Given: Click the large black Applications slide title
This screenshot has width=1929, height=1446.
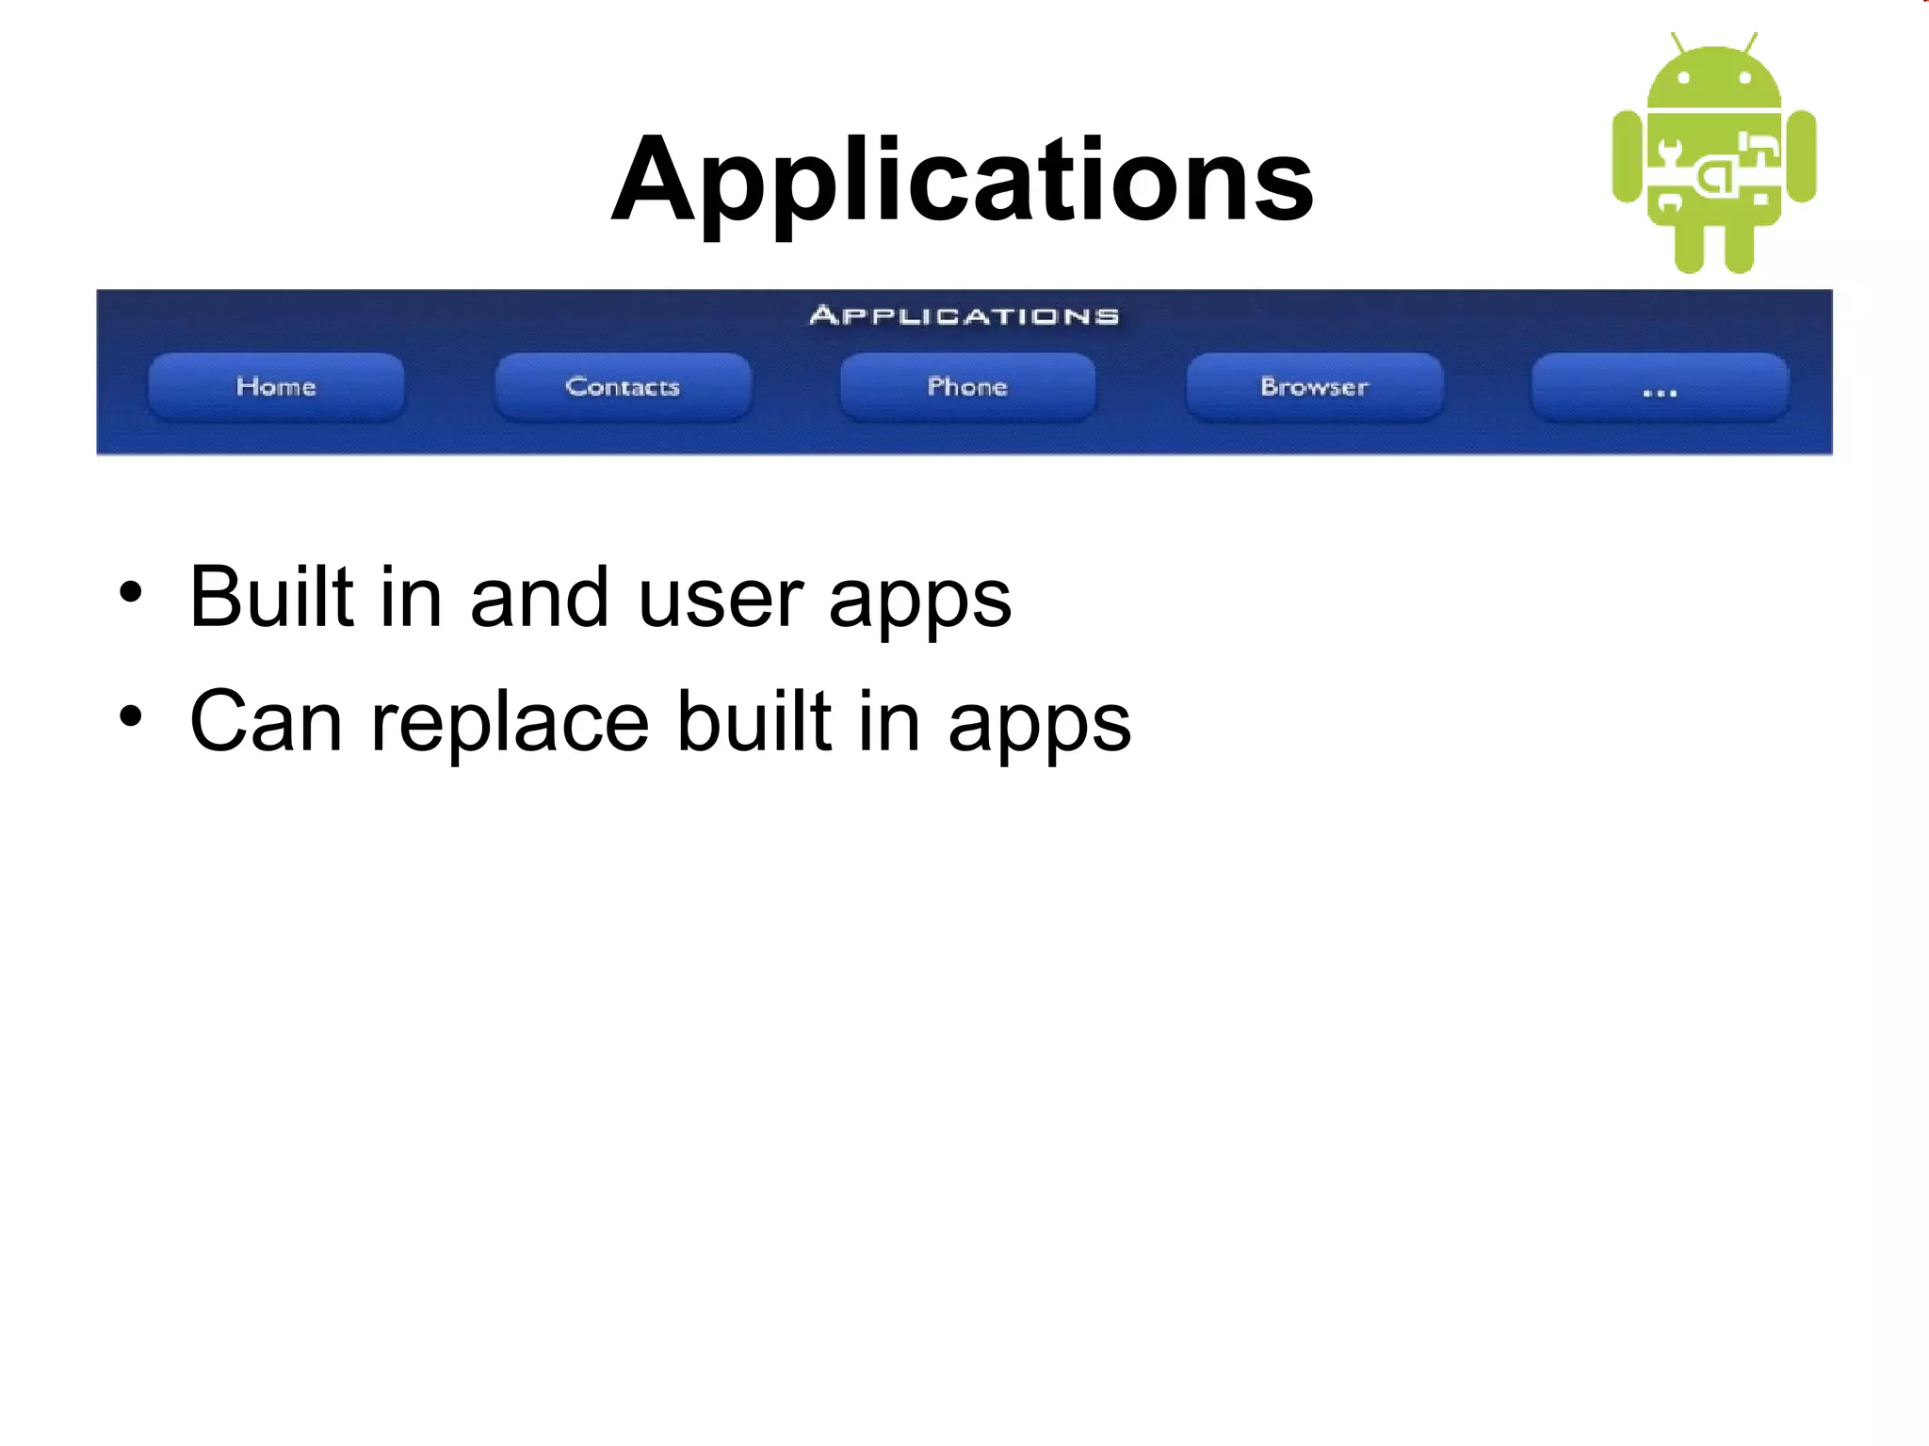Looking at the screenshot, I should click(x=962, y=180).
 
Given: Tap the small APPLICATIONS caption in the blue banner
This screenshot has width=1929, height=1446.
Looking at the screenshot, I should click(x=964, y=316).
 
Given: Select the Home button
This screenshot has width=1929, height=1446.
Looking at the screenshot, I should click(x=276, y=387).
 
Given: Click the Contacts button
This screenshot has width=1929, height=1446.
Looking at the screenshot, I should click(x=623, y=387).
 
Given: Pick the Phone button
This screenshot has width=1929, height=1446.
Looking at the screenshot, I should click(x=967, y=387).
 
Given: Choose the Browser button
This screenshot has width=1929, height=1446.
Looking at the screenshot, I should click(x=1314, y=387).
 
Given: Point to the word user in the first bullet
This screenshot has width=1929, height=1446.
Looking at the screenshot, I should click(x=721, y=599).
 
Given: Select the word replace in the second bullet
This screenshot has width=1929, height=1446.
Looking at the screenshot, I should click(x=510, y=722).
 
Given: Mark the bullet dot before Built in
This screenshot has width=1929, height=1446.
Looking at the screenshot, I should click(x=131, y=594).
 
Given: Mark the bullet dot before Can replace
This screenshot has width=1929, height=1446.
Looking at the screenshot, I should click(x=131, y=718).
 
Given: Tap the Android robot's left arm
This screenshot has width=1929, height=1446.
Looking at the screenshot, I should click(x=1627, y=156).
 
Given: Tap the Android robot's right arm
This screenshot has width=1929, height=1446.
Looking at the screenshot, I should click(x=1802, y=156).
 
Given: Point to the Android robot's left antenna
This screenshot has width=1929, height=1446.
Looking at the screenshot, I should click(x=1678, y=44).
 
